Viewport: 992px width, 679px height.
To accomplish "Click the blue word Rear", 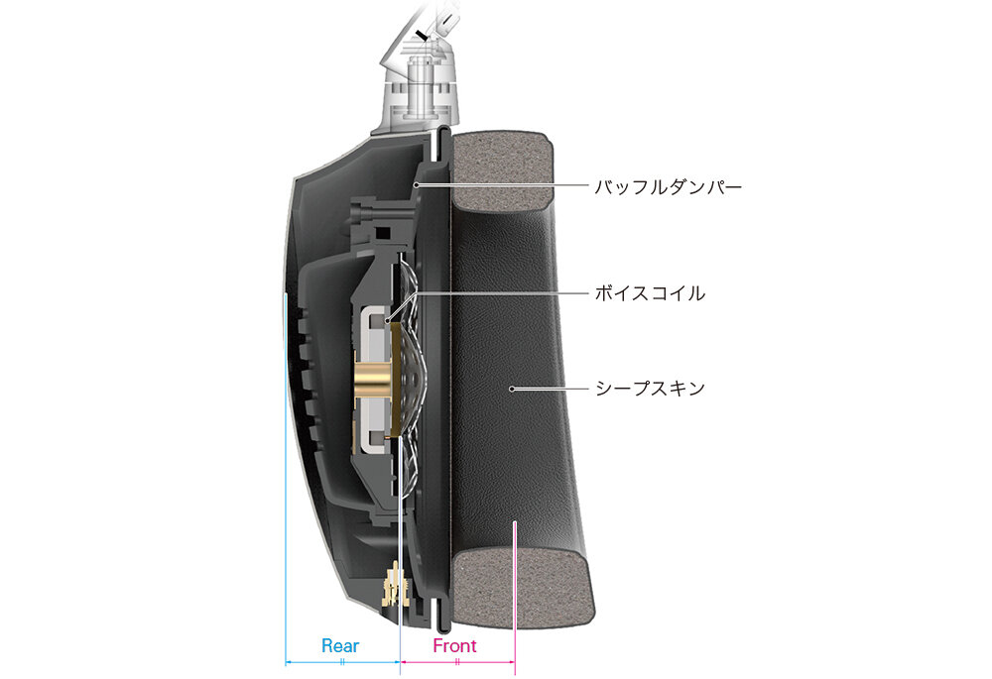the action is pos(340,645).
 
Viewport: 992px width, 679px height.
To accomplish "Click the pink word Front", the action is pos(454,645).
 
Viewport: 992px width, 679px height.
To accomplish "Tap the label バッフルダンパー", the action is pos(668,187).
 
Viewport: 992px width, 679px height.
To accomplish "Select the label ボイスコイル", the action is pos(650,293).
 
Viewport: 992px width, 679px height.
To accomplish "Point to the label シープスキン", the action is pos(650,389).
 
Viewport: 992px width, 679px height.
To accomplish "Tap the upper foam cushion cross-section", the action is pos(502,170).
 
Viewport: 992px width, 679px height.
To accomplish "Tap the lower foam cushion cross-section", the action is pos(524,588).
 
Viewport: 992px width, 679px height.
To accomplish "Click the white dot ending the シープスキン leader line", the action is pos(512,389).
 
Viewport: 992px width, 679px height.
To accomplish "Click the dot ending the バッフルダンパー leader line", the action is pos(416,185).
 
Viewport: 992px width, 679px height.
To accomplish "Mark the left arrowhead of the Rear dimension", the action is pos(289,662).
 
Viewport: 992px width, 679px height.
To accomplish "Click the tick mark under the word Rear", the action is pos(341,662).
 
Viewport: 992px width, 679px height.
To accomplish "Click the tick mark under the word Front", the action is pos(456,662).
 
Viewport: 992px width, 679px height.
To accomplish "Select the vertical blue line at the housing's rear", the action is pos(286,479).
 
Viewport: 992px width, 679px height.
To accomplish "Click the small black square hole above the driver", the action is pos(382,233).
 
